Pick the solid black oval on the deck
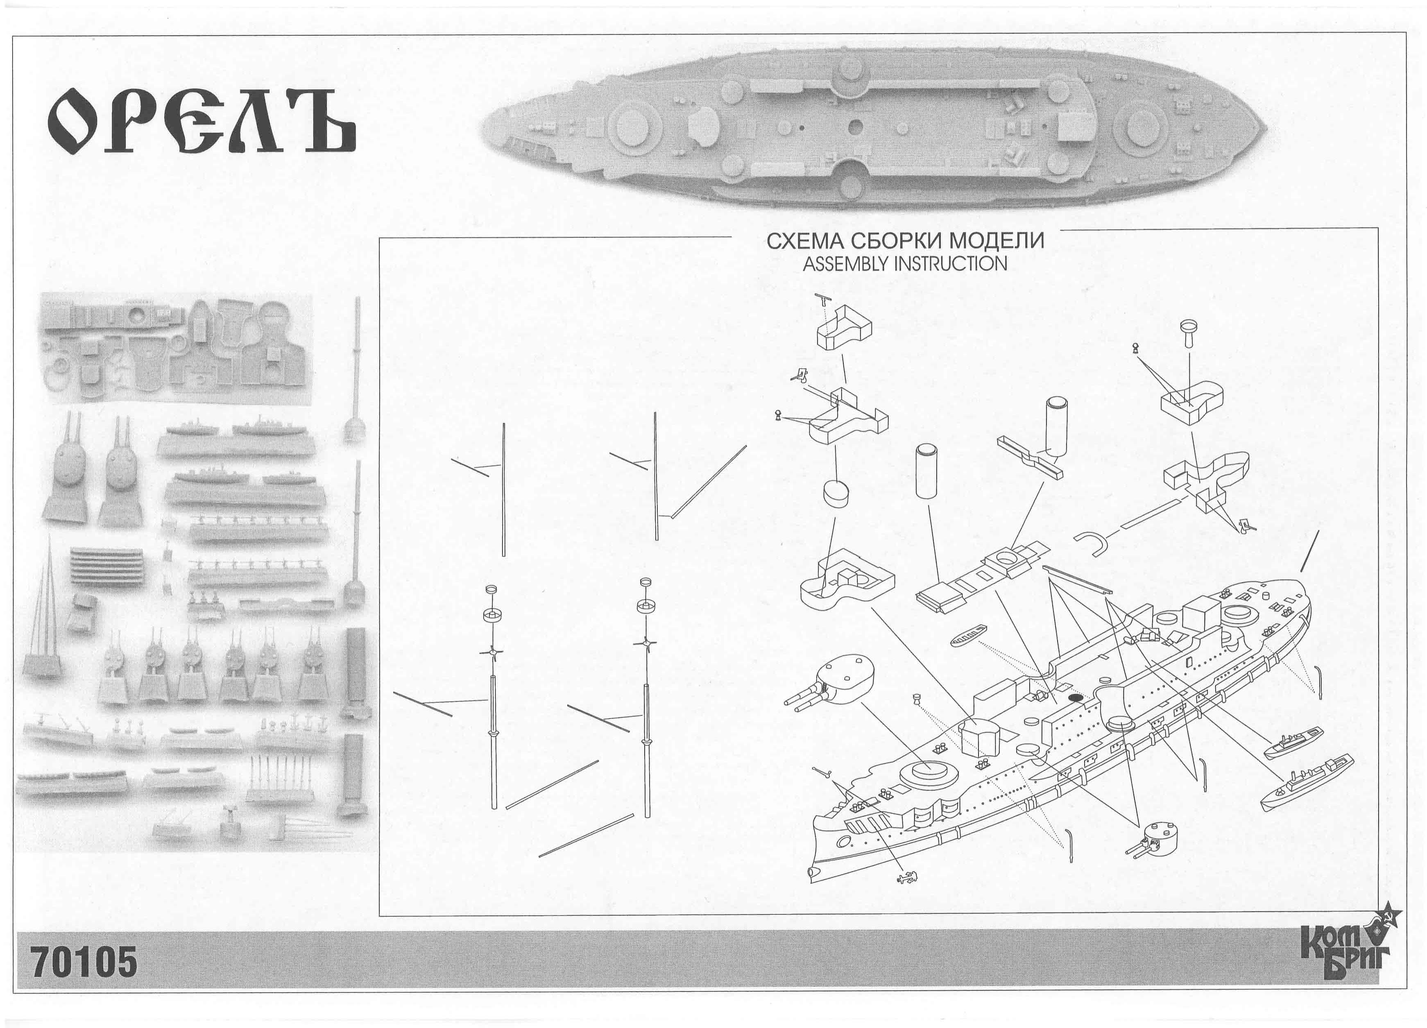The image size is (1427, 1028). pyautogui.click(x=1075, y=697)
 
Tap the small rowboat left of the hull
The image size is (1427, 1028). pyautogui.click(x=969, y=635)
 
